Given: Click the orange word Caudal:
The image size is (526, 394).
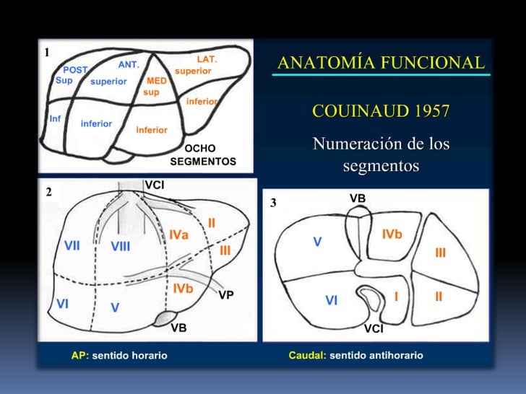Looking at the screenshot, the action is (x=306, y=355).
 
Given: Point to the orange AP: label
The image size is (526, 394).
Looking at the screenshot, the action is (x=79, y=355).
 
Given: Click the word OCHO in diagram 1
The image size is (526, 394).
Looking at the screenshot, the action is (x=200, y=148).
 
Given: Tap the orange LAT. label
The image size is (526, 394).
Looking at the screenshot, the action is (x=207, y=58).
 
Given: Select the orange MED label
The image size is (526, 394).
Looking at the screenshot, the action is (x=157, y=81).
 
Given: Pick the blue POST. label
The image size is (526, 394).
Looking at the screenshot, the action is (x=75, y=70).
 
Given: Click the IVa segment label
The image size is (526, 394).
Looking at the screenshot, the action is (x=179, y=235).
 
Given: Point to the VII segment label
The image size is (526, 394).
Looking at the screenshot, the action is (x=72, y=245).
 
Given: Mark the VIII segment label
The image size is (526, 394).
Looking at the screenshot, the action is (x=121, y=247).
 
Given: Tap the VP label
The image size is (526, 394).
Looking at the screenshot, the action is (x=226, y=295).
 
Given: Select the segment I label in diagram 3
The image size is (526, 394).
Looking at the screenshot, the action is (x=396, y=296).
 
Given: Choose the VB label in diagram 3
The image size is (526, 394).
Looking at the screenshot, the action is (x=358, y=198).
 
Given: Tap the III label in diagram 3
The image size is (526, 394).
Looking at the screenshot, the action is (x=440, y=253).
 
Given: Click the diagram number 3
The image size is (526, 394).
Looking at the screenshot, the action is (x=273, y=203).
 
